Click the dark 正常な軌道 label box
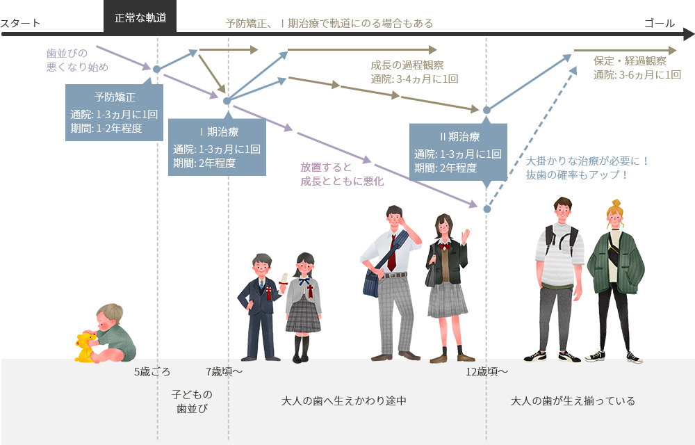click(140, 17)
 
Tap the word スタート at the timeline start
click(20, 23)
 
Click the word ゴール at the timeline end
click(659, 23)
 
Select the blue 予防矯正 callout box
click(114, 112)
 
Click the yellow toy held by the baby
click(86, 347)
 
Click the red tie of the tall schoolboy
click(392, 253)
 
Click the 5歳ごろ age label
click(152, 371)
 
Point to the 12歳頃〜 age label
click(486, 371)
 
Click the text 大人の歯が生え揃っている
click(573, 401)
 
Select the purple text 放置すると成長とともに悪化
click(342, 174)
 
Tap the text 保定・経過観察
click(630, 60)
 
